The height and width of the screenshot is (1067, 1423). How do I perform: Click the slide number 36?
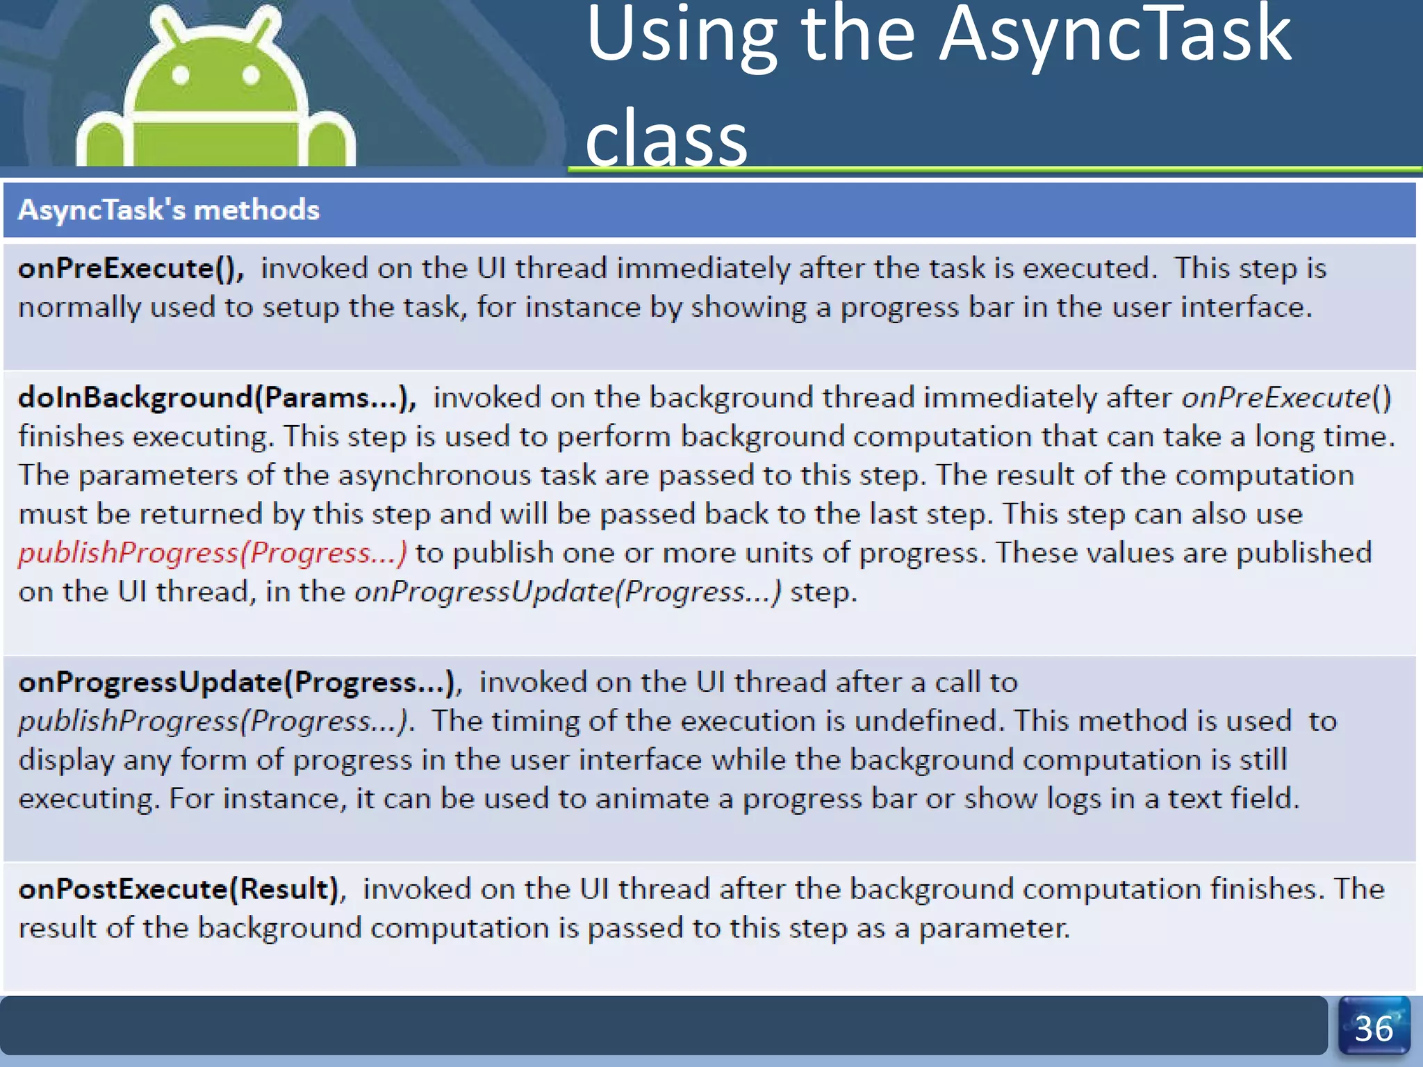1374,1029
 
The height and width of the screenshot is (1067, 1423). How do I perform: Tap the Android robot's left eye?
181,75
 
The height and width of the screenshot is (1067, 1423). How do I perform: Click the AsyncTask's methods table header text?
169,210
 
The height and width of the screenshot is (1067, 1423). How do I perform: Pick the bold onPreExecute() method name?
131,269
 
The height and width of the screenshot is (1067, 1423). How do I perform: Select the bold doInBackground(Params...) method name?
217,398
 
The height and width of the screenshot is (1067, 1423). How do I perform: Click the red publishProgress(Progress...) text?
213,554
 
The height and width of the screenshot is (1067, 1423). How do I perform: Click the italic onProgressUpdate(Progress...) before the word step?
568,593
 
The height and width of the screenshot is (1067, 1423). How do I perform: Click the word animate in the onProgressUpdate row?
652,800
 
